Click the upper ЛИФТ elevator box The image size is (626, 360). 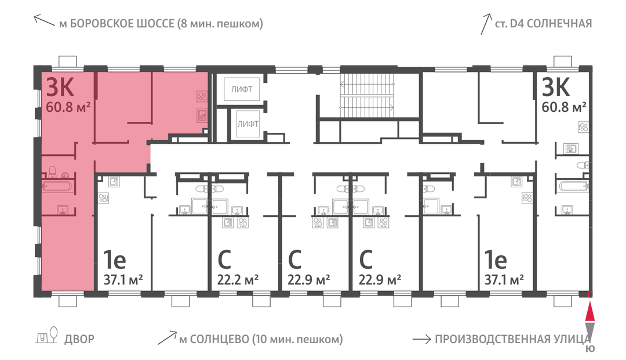click(242, 89)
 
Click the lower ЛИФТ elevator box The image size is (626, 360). click(248, 123)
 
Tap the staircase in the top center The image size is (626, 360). click(367, 96)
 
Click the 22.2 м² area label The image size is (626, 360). click(238, 279)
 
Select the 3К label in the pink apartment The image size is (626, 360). click(60, 87)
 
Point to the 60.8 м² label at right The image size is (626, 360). click(564, 107)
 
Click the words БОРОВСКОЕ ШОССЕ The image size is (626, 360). click(122, 24)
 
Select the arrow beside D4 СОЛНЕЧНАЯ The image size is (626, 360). click(486, 24)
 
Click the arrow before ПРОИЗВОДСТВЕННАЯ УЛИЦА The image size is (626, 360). click(421, 339)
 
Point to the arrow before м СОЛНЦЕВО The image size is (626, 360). click(167, 337)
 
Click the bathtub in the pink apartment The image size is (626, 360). click(57, 186)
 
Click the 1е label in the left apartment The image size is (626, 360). click(115, 260)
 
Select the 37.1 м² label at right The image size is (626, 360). click(504, 279)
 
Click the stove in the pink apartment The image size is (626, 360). click(202, 96)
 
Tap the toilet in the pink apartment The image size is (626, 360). click(52, 172)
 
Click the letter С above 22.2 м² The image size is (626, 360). click(224, 260)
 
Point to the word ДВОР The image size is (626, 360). click(79, 339)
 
